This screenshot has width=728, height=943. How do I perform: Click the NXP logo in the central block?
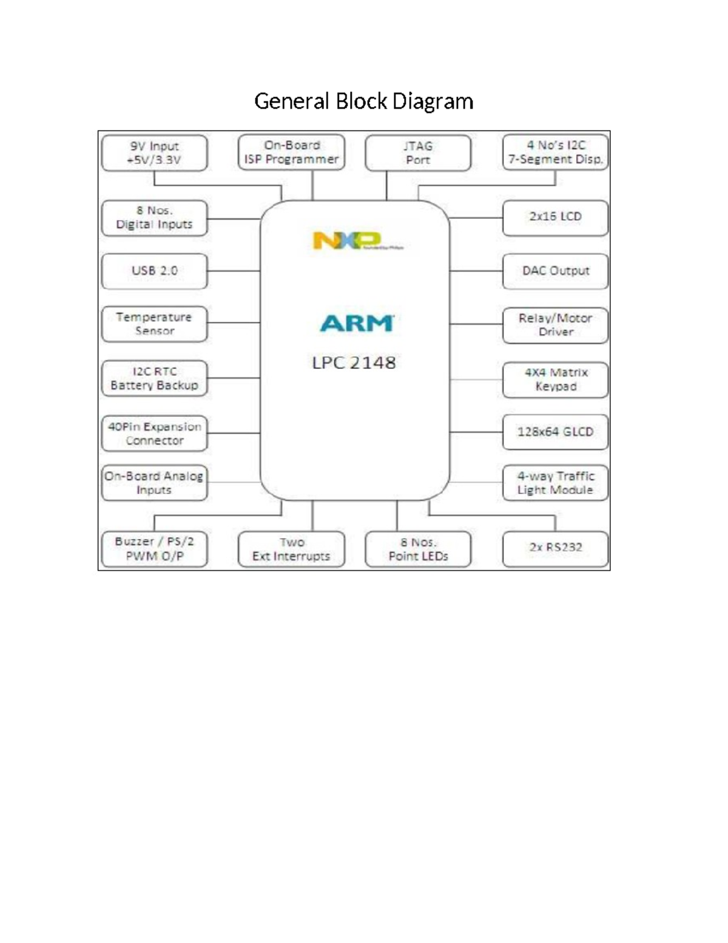click(347, 240)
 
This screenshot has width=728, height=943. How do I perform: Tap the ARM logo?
click(357, 323)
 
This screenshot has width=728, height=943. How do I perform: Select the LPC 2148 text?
click(354, 363)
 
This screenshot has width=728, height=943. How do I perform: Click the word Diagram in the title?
click(433, 101)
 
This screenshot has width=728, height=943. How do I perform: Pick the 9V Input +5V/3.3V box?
click(154, 153)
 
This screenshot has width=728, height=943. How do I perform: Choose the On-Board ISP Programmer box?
click(291, 152)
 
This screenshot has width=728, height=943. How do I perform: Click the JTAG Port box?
click(417, 153)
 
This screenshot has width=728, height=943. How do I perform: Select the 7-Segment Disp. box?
click(555, 152)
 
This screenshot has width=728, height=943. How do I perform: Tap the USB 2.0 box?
click(154, 271)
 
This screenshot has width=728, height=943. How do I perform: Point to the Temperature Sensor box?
click(154, 324)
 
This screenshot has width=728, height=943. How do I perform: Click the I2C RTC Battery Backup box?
click(154, 378)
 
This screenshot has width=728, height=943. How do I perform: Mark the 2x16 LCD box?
click(555, 217)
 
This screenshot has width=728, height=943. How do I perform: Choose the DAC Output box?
click(555, 271)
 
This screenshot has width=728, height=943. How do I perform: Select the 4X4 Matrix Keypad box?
click(555, 380)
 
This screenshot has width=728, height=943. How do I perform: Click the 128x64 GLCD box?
click(555, 432)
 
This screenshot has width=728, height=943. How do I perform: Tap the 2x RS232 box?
click(555, 548)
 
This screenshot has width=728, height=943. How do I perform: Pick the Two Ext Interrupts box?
click(291, 549)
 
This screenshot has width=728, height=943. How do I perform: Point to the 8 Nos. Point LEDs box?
click(417, 549)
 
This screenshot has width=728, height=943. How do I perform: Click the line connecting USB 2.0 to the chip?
click(234, 271)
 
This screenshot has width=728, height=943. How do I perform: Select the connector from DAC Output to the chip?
click(476, 271)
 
